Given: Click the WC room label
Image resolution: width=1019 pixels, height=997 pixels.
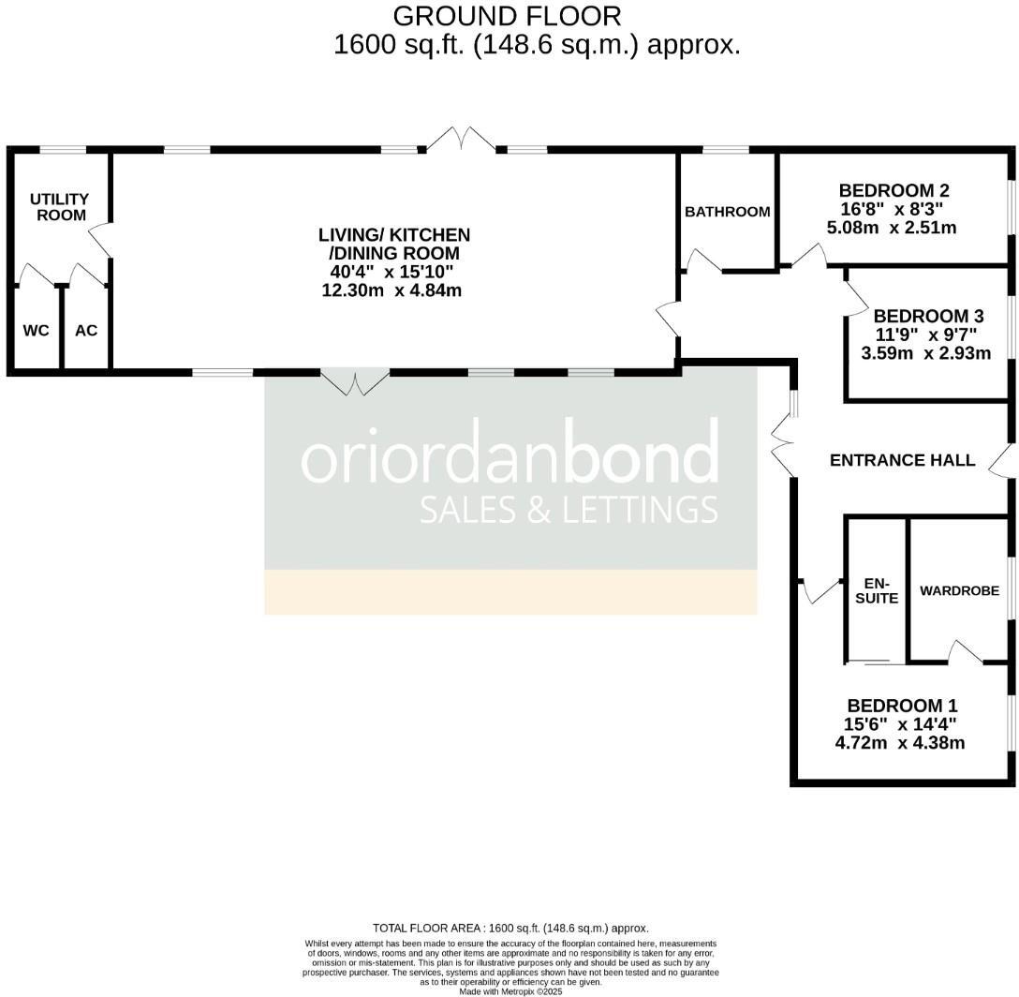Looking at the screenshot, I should (36, 331).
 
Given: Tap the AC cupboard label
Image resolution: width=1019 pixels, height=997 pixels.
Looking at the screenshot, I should (86, 331).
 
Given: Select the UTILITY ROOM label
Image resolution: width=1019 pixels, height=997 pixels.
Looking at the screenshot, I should (59, 207).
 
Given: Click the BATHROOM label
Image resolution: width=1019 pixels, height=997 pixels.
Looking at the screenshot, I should (728, 212).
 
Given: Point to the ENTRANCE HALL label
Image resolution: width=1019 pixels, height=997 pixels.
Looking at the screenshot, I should (903, 460).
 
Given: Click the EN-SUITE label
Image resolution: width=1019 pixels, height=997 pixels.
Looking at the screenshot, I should (877, 590).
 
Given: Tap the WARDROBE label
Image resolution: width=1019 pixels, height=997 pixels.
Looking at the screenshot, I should (959, 591).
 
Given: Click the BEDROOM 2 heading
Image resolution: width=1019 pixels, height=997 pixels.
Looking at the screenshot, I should (888, 190).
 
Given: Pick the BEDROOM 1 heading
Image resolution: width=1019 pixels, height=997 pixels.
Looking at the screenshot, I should (902, 706).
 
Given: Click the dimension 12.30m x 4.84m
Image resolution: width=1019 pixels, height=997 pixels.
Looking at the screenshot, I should (391, 290).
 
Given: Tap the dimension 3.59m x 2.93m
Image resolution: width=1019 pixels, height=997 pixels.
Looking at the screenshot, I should (925, 353).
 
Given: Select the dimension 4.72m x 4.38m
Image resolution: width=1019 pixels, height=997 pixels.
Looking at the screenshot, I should (899, 743).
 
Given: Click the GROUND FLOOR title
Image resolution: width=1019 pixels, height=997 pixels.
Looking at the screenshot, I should (507, 16).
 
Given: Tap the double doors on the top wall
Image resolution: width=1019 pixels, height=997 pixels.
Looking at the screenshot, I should (461, 141).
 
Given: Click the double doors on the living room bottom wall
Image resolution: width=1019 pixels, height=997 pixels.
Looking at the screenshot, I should (355, 382).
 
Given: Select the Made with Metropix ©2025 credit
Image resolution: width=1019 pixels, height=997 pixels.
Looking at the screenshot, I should (510, 990).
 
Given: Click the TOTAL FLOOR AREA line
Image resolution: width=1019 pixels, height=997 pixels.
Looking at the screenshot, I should (510, 928).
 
